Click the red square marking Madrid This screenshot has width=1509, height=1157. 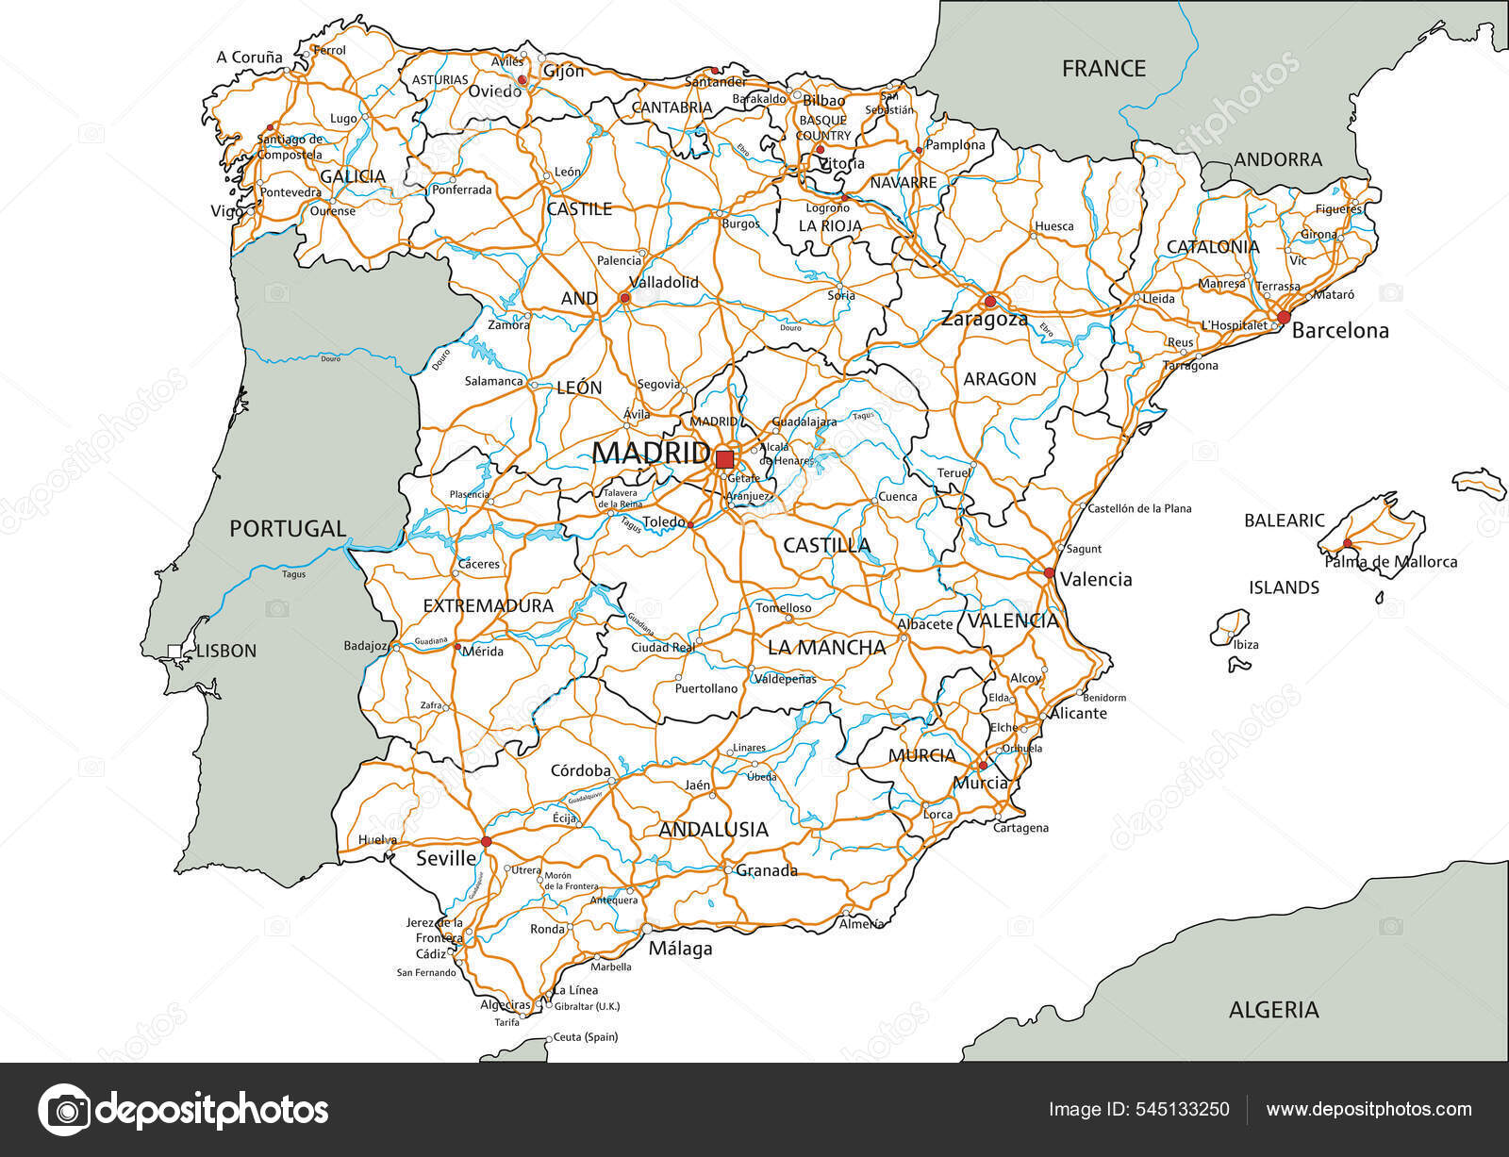click(724, 459)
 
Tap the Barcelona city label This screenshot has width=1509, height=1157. click(1340, 331)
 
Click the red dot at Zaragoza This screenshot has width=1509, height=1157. click(989, 302)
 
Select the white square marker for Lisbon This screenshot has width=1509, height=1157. click(174, 651)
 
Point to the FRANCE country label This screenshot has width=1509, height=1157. click(1103, 68)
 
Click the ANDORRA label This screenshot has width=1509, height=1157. click(1278, 159)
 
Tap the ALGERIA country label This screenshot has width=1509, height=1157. click(1273, 1010)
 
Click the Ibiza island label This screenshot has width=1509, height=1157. click(1246, 645)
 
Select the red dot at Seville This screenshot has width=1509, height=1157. click(487, 841)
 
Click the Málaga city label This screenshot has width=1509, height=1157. click(680, 949)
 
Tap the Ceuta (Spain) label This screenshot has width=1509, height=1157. click(586, 1037)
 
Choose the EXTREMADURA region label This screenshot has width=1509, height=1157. click(488, 605)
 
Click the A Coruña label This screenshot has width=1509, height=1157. click(249, 58)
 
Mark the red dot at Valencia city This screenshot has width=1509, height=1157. click(1049, 572)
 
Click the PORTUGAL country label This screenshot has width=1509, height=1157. click(288, 529)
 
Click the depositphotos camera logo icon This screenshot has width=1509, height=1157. click(64, 1110)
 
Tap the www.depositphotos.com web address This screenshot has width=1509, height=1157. click(1368, 1110)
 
